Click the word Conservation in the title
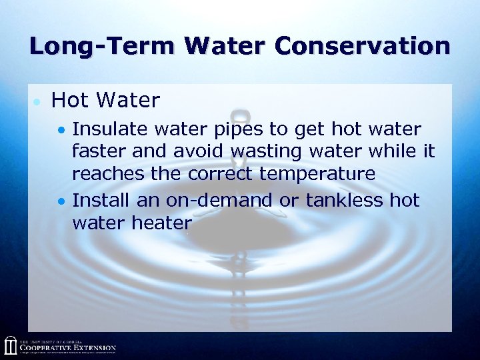[x=363, y=46]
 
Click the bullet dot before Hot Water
[x=37, y=102]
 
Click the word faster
[x=99, y=151]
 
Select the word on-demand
[x=218, y=200]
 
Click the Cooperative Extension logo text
[x=67, y=347]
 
